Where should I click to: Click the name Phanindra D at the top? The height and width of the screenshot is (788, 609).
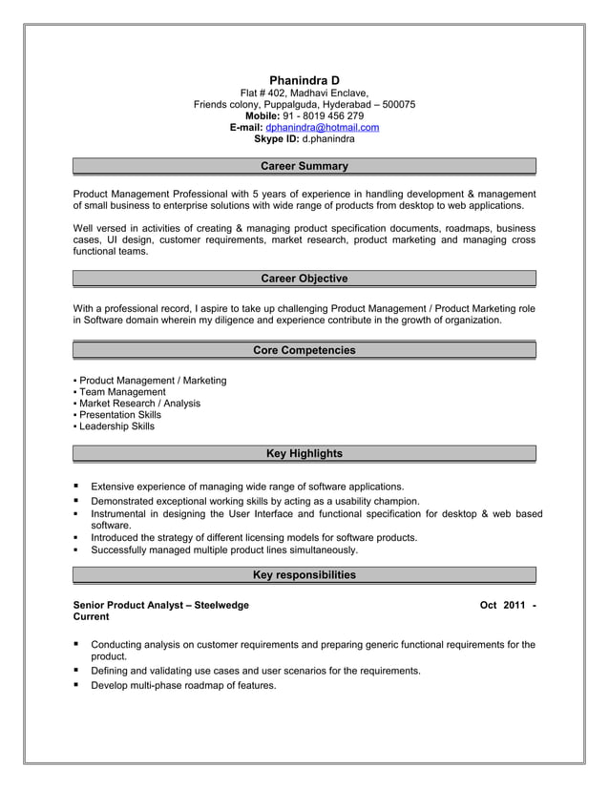pyautogui.click(x=304, y=79)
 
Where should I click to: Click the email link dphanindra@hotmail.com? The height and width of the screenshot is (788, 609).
pyautogui.click(x=323, y=127)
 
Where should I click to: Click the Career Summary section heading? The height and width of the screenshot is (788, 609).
pyautogui.click(x=304, y=166)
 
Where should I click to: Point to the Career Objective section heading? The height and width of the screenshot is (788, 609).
pyautogui.click(x=304, y=279)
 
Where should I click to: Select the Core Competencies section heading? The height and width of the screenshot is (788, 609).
pyautogui.click(x=304, y=350)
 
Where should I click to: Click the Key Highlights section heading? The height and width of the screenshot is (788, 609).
pyautogui.click(x=304, y=453)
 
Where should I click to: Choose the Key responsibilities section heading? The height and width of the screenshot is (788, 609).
pyautogui.click(x=304, y=574)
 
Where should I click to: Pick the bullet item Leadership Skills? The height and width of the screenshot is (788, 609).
pyautogui.click(x=116, y=426)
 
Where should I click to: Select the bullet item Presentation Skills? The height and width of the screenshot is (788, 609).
pyautogui.click(x=120, y=415)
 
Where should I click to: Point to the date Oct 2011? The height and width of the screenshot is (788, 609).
pyautogui.click(x=502, y=605)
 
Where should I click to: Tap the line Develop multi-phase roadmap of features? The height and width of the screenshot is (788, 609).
pyautogui.click(x=183, y=685)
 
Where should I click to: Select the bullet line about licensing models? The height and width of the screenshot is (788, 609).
pyautogui.click(x=254, y=537)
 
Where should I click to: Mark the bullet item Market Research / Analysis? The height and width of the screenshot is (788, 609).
pyautogui.click(x=139, y=404)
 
